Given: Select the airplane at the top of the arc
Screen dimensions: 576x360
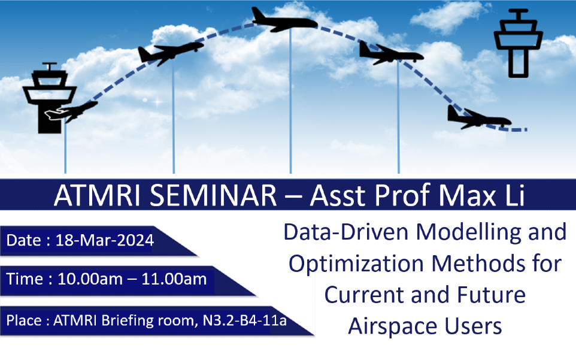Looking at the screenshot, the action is point(284,20).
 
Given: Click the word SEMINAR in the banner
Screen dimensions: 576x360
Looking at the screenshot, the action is point(213,195).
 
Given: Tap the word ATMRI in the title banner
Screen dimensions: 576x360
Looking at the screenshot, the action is point(97,195).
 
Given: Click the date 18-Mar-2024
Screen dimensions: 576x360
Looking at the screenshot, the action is point(104,241).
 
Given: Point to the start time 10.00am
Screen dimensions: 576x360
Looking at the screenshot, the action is point(90,279).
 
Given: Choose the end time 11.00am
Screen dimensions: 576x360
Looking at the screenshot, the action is point(174,279).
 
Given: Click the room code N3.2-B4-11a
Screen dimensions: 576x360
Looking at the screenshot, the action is point(245,320).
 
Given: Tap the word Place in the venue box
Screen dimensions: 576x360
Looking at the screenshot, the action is point(24,320).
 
